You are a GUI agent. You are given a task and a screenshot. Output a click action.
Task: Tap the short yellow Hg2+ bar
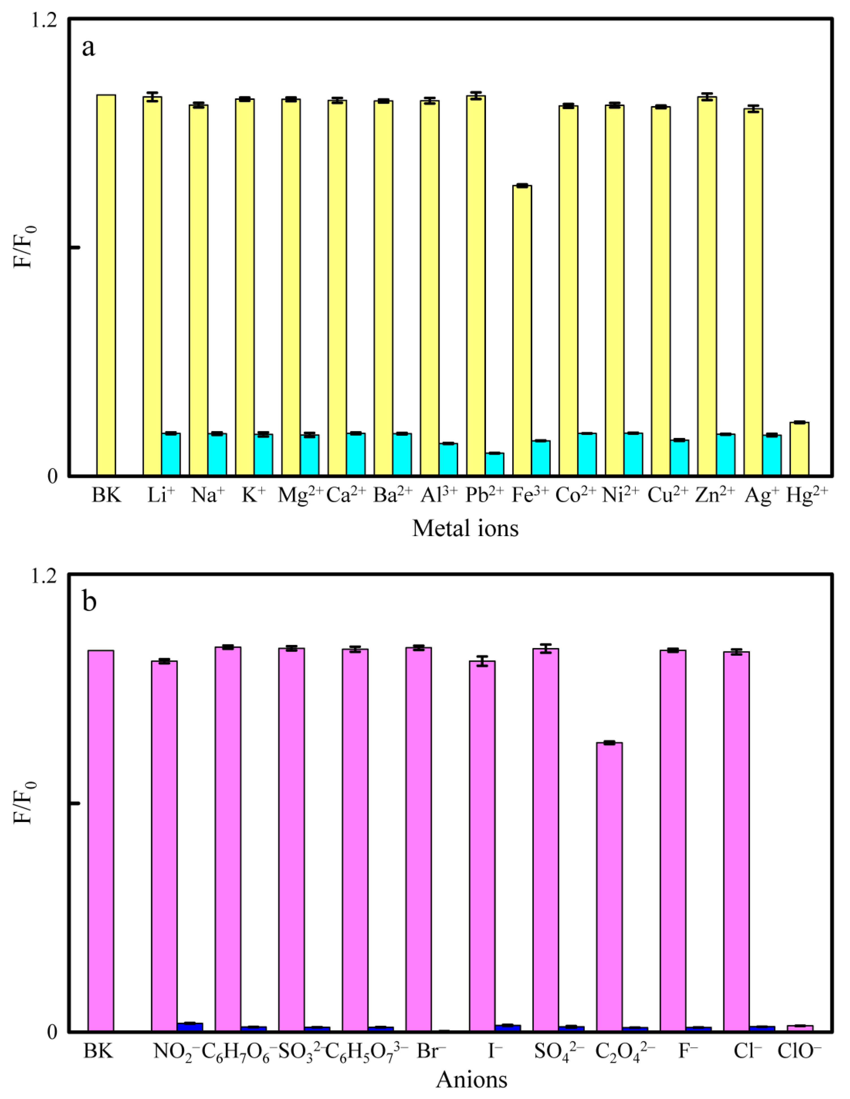pos(799,448)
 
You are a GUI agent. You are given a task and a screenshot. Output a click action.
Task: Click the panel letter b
pos(89,601)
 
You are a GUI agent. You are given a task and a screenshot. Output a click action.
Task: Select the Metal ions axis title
pos(466,528)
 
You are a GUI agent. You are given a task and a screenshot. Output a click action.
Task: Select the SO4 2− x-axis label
pos(559,1051)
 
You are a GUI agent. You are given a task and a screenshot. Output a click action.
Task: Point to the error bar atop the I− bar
pos(482,661)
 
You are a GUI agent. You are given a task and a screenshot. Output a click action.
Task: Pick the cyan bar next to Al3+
pos(448,459)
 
